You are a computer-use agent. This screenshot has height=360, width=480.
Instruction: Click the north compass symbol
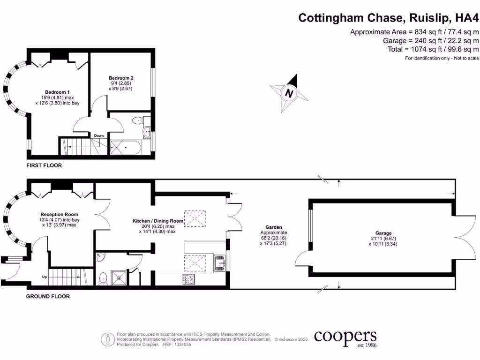click(289, 93)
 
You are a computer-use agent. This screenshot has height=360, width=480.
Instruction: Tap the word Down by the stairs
click(99, 135)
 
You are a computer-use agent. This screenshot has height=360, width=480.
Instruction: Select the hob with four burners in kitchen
click(188, 279)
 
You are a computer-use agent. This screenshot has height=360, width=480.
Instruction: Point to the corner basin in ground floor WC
click(100, 257)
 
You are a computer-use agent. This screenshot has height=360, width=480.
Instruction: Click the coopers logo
click(345, 338)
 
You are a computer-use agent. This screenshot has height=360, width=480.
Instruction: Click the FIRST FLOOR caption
click(44, 165)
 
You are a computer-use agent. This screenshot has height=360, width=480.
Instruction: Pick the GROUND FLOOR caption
click(48, 296)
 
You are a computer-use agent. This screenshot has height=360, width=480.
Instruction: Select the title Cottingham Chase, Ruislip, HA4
click(389, 18)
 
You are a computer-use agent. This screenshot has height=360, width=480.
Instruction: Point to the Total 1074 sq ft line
click(433, 49)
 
